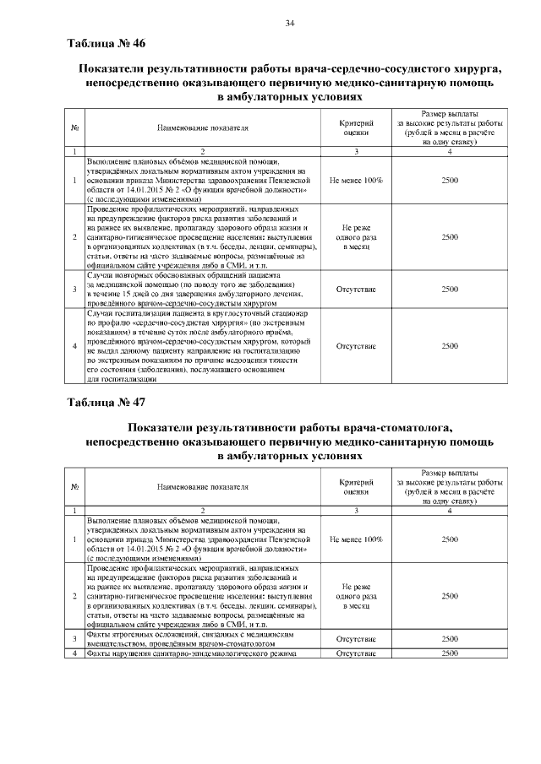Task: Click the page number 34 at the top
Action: pyautogui.click(x=289, y=22)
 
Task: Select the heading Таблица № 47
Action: pyautogui.click(x=107, y=401)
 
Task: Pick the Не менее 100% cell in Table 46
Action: pyautogui.click(x=356, y=181)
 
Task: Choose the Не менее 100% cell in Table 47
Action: pyautogui.click(x=356, y=538)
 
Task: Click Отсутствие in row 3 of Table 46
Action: pyautogui.click(x=356, y=289)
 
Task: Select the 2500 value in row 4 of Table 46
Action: pyautogui.click(x=450, y=346)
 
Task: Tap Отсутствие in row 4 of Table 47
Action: pyautogui.click(x=356, y=653)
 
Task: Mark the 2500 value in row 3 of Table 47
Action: pyautogui.click(x=450, y=639)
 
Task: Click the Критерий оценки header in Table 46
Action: pyautogui.click(x=356, y=127)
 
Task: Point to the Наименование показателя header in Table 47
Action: pyautogui.click(x=202, y=486)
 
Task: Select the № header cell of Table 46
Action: pyautogui.click(x=74, y=127)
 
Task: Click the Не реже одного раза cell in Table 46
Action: pyautogui.click(x=356, y=237)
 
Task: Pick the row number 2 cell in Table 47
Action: pyautogui.click(x=74, y=596)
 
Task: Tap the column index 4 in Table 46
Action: pyautogui.click(x=450, y=151)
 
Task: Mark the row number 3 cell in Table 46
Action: pyautogui.click(x=74, y=289)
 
